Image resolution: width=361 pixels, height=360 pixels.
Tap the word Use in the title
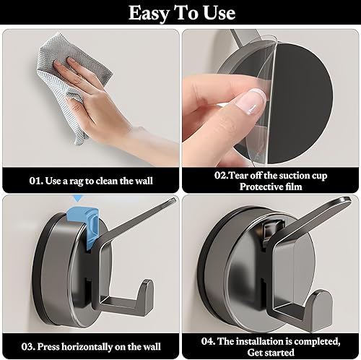coord(219,12)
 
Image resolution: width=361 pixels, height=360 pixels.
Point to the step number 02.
coord(221,175)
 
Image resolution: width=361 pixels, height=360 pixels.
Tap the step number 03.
coord(28,347)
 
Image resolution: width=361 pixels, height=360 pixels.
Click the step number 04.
coord(208,341)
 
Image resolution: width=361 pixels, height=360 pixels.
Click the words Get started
coord(271,353)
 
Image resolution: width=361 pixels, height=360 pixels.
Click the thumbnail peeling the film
coord(251,101)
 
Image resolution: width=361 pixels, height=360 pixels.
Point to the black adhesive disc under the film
coord(301,104)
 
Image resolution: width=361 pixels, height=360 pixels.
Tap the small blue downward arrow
coord(77,198)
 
